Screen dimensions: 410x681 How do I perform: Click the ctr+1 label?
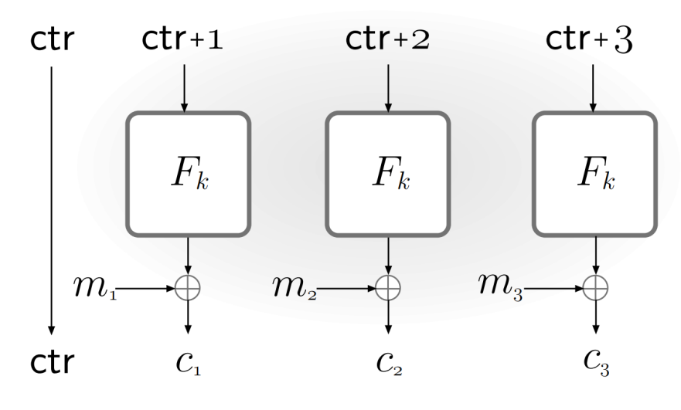click(x=182, y=40)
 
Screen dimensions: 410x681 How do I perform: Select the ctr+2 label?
click(x=386, y=40)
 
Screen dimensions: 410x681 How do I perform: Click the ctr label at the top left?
click(x=53, y=40)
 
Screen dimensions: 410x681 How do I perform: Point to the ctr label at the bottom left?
click(x=53, y=362)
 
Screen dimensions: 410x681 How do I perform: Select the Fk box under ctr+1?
click(x=188, y=174)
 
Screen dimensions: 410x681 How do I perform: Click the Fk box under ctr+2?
click(x=387, y=174)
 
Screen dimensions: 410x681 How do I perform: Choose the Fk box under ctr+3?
click(x=594, y=174)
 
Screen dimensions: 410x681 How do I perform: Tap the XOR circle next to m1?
click(x=188, y=289)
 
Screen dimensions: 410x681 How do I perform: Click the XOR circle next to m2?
click(x=387, y=289)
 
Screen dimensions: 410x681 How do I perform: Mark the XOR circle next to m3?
click(x=594, y=289)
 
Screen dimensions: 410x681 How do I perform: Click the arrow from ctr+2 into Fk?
click(x=387, y=86)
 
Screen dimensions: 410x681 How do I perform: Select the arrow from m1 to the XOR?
click(x=147, y=289)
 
